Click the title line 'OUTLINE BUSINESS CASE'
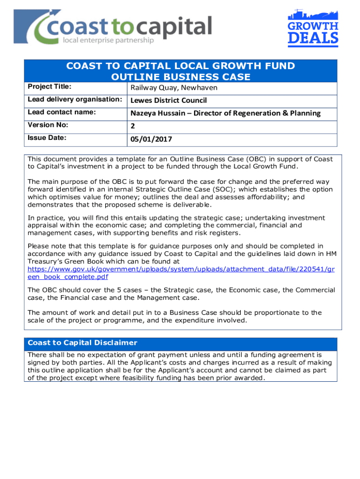180,77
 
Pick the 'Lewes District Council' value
168,101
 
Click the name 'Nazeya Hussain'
157,113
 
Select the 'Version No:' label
48,125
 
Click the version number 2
133,126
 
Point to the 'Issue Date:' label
47,138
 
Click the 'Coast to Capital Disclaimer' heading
82,343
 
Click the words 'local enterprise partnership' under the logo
108,41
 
